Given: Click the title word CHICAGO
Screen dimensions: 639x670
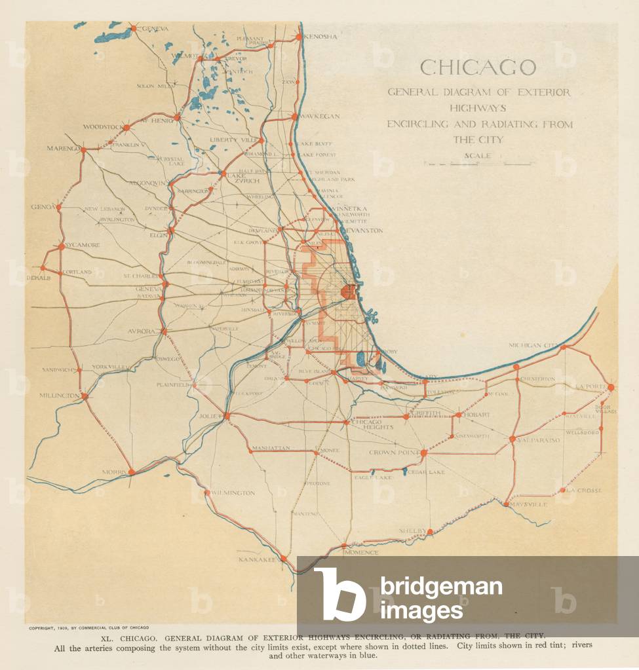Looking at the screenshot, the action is click(x=478, y=67).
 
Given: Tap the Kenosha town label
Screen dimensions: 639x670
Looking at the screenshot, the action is click(x=321, y=37).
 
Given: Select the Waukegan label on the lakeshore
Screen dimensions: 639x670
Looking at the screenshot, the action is click(x=320, y=116).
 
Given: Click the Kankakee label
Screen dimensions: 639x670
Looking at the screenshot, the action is click(x=258, y=561).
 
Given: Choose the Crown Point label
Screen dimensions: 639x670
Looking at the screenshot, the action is click(x=393, y=453).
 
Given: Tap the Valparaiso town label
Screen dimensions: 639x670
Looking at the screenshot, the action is click(x=539, y=440).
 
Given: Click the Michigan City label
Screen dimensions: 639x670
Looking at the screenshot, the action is click(x=533, y=345).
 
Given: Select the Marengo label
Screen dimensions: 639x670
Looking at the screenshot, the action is click(x=63, y=148).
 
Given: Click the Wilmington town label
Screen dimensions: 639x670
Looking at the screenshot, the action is click(x=233, y=493).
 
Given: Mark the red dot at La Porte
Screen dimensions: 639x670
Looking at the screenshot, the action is click(x=611, y=387).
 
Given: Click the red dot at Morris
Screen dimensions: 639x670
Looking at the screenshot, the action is click(x=131, y=471).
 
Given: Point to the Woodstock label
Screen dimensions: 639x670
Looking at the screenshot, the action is click(x=103, y=127).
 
